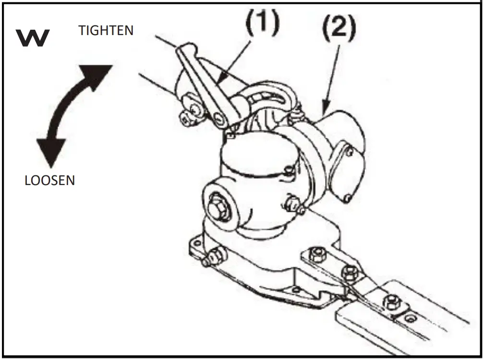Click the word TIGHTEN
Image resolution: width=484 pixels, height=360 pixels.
click(x=106, y=31)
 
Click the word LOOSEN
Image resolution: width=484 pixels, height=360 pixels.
click(x=50, y=180)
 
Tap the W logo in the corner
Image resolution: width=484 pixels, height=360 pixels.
click(x=33, y=38)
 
